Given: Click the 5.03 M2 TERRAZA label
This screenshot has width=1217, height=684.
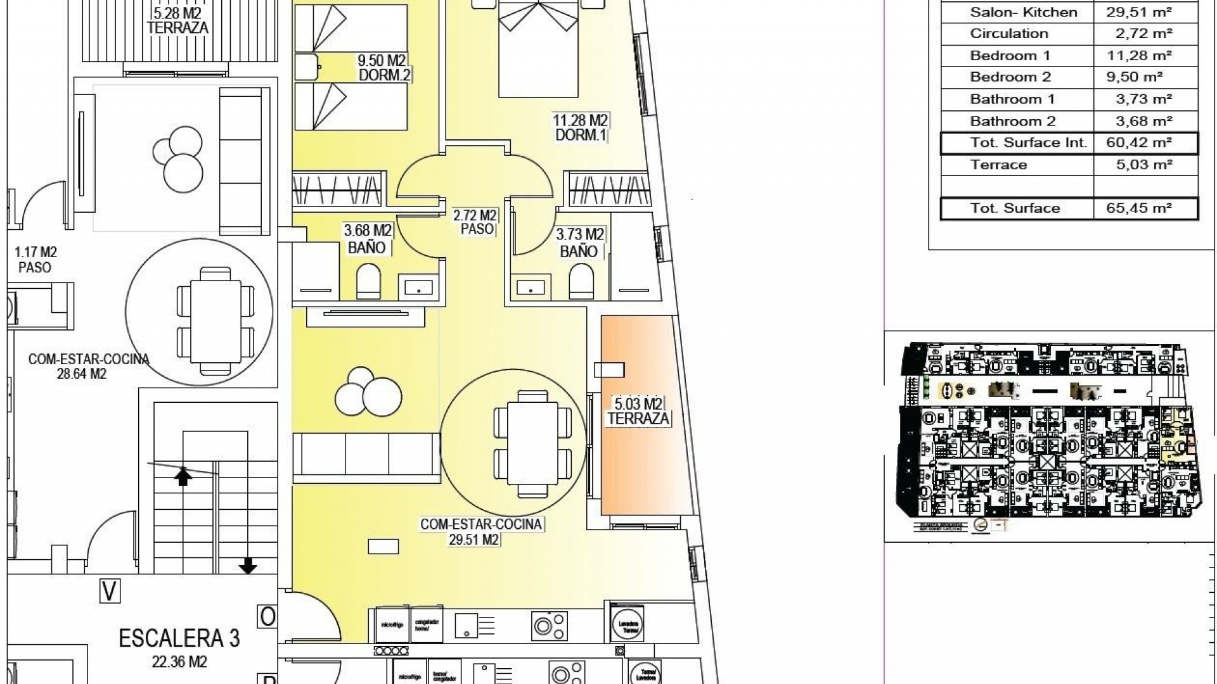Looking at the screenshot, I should (x=638, y=411).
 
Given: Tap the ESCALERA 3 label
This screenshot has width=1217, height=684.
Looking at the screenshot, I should (x=179, y=638).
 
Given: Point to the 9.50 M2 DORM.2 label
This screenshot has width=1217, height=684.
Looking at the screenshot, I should (x=383, y=68).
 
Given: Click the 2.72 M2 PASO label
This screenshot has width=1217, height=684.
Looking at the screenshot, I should (x=475, y=222).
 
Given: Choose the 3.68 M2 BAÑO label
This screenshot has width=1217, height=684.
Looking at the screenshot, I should (x=367, y=239).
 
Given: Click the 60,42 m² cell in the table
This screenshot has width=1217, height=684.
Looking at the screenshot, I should (x=1138, y=142).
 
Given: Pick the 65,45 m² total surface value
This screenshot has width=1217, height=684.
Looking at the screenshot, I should (x=1138, y=208).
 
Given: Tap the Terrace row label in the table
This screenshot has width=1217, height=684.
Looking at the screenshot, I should (x=998, y=165).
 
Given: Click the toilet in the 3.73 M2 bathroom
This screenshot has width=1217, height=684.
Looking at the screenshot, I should (x=581, y=282).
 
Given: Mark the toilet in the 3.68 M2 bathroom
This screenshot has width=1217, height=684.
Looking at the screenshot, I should (x=368, y=282).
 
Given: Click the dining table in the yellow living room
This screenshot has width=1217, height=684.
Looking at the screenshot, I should (x=532, y=443).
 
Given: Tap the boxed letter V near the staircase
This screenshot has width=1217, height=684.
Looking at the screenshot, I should (x=110, y=592).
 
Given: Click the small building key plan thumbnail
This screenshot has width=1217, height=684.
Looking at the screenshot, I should (x=1049, y=437).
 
